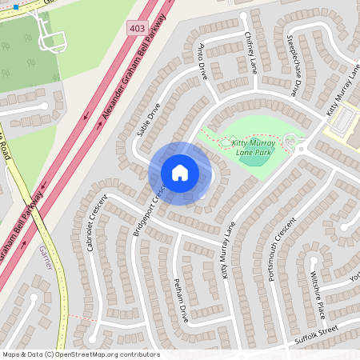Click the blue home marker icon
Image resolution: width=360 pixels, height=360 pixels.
point(180,173)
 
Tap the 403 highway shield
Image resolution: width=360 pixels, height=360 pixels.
point(137,28)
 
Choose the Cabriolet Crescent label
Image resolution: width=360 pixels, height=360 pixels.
point(90,224)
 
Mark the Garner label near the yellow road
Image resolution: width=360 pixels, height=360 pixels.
point(45,258)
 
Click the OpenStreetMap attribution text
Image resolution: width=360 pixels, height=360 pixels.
point(80,354)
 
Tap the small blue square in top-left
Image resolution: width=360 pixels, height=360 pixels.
point(16,6)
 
